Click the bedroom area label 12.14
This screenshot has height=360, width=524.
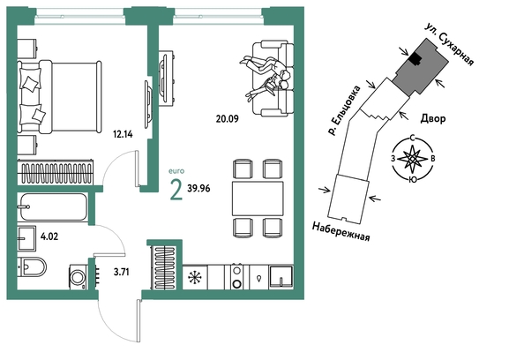pos(123,134)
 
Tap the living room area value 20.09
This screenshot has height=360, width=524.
pos(228,118)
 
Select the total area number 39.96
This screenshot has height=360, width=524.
pos(198,189)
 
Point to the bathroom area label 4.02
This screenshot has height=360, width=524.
pos(49,236)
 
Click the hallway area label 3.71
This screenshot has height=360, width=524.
pos(122,272)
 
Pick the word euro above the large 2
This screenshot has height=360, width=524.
pos(176,171)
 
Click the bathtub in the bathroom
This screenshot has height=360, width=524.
pos(54,207)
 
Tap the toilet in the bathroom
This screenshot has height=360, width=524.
pos(32,267)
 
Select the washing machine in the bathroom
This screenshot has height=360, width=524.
pos(79,277)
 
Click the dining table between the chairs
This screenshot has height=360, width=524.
pos(258,199)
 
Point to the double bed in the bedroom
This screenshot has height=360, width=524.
pos(59,97)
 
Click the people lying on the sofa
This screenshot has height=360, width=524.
pos(265,76)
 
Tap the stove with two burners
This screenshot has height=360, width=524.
pos(237,277)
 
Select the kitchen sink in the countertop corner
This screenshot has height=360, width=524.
pos(281,277)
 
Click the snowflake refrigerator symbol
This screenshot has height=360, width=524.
pos(195,277)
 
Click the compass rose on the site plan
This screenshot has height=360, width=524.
pos(414,159)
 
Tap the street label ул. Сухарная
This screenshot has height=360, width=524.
pos(449,45)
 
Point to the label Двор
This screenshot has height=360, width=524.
pos(433,118)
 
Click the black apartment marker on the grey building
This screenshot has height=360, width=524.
pos(415,59)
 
